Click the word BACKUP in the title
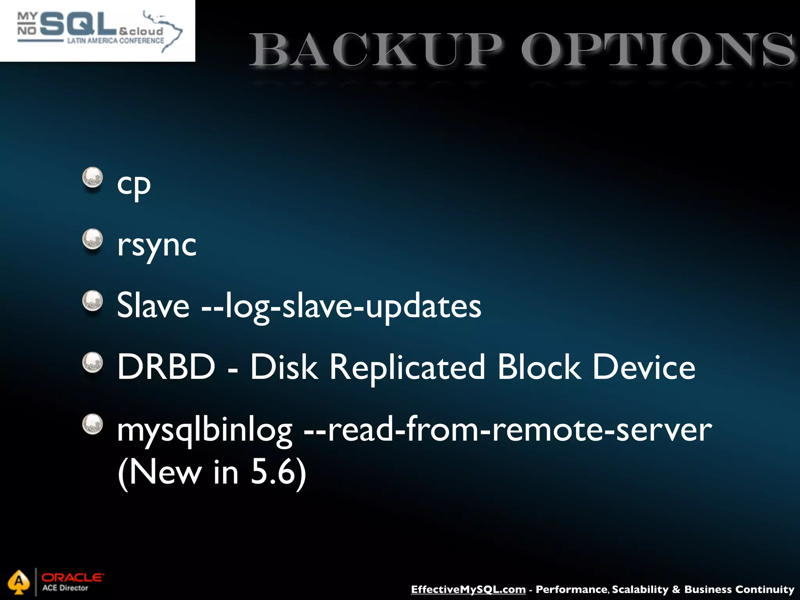coord(375,51)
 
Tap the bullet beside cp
coord(93,178)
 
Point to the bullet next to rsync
coord(93,239)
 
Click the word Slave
coord(153,306)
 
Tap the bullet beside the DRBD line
coord(93,362)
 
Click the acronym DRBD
coord(166,367)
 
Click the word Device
coord(644,367)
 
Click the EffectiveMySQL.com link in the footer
coord(468,589)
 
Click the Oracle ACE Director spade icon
coord(19,582)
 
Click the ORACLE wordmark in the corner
coord(73,577)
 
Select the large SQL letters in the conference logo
coord(78,24)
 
